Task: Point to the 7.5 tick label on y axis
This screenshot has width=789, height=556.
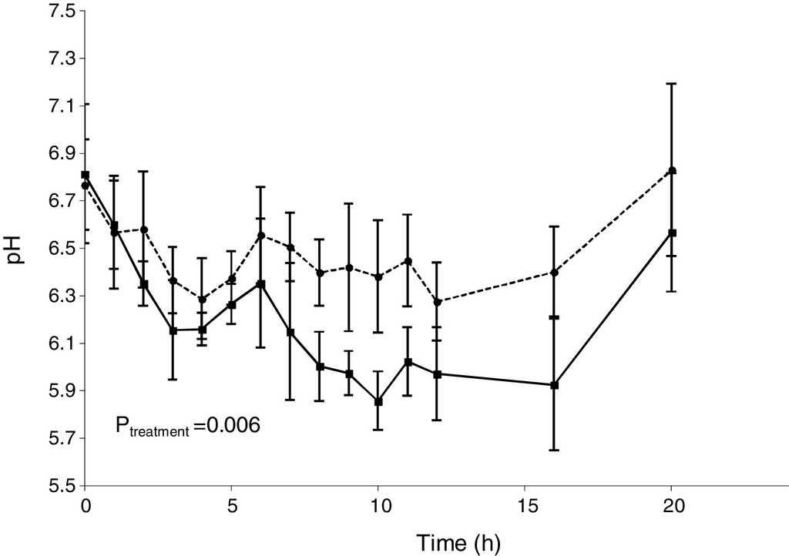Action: [x=59, y=12]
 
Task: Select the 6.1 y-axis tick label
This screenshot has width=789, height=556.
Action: [x=59, y=343]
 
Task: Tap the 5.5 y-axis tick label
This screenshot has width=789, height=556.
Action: [x=59, y=486]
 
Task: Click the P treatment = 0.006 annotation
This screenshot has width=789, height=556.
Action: [x=187, y=425]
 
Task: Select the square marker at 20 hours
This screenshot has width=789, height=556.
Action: [x=672, y=233]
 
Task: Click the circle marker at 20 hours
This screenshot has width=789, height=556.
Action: [x=672, y=170]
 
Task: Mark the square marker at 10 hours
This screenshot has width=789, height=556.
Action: [x=378, y=401]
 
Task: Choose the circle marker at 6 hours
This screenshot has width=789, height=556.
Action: [x=260, y=236]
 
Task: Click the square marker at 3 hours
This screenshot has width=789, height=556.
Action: [x=173, y=330]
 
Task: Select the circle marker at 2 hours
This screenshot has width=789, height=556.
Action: [x=143, y=229]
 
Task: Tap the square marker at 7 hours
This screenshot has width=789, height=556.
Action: [x=290, y=332]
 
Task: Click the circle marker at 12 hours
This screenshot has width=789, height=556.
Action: [x=437, y=302]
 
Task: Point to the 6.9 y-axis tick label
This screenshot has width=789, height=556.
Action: [x=59, y=154]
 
